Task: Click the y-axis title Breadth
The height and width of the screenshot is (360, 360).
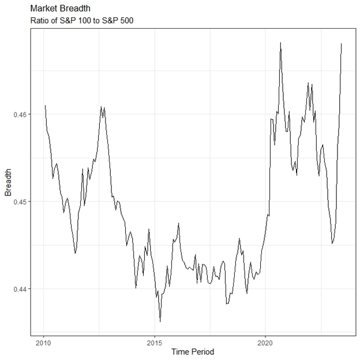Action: coord(8,182)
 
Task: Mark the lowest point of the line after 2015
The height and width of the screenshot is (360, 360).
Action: coord(160,321)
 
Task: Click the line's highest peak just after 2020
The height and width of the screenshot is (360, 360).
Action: coord(280,43)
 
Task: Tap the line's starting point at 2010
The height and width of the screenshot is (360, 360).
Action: coord(44,106)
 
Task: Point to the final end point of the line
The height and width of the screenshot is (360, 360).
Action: coord(342,43)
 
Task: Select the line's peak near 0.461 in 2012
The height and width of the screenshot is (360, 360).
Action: coord(102,107)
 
